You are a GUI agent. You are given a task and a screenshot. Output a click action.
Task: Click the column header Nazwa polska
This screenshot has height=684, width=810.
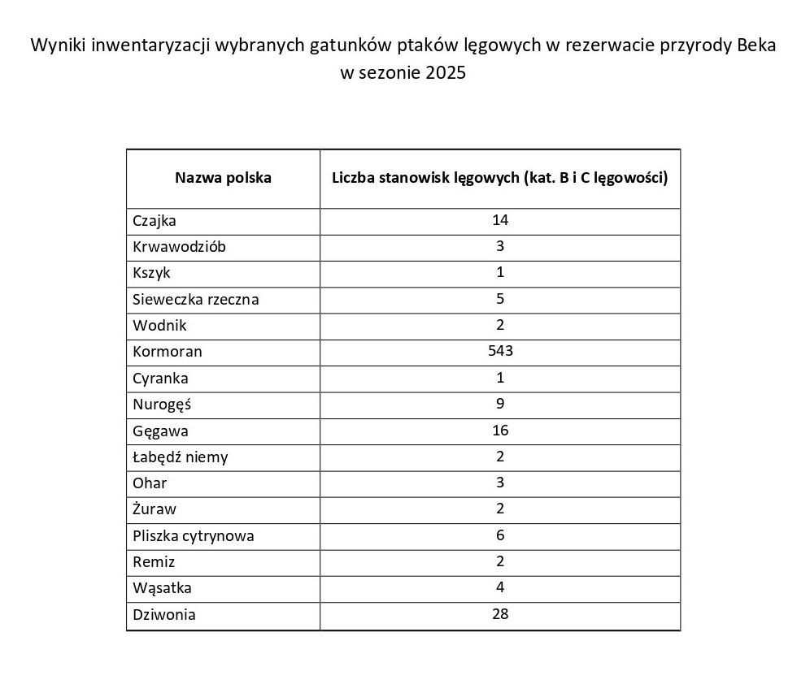pyautogui.click(x=223, y=177)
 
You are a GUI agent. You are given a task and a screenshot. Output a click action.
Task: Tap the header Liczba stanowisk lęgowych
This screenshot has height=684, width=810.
pyautogui.click(x=499, y=177)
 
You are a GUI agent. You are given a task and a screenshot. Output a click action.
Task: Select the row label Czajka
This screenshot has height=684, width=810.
pyautogui.click(x=155, y=220)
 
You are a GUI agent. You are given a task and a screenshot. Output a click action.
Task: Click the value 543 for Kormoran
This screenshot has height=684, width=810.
pyautogui.click(x=500, y=351)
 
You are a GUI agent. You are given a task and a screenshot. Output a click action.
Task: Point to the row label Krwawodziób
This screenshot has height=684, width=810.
pyautogui.click(x=180, y=246)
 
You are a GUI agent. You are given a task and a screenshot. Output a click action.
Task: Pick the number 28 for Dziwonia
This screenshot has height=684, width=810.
pyautogui.click(x=500, y=614)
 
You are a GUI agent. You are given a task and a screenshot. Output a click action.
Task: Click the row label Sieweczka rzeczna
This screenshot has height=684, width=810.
pyautogui.click(x=196, y=299)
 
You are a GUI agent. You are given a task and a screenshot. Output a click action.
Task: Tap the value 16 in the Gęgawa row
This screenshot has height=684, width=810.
pyautogui.click(x=500, y=430)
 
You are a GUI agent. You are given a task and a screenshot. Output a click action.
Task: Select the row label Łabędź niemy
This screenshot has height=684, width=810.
pyautogui.click(x=181, y=457)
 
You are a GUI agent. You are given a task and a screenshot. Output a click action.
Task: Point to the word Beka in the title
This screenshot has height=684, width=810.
pyautogui.click(x=756, y=45)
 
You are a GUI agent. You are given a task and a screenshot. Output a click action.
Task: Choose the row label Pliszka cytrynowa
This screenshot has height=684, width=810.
pyautogui.click(x=194, y=535)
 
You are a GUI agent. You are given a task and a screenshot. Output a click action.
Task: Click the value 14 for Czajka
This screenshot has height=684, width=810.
pyautogui.click(x=500, y=219)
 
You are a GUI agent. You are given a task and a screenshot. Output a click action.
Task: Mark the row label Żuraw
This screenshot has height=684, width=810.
pyautogui.click(x=155, y=509)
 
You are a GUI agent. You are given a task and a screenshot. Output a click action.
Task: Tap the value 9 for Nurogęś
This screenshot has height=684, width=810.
pyautogui.click(x=500, y=404)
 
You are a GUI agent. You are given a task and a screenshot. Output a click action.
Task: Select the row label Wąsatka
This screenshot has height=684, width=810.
pyautogui.click(x=162, y=588)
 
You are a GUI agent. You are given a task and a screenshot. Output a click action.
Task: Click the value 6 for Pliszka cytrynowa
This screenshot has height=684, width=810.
pyautogui.click(x=500, y=535)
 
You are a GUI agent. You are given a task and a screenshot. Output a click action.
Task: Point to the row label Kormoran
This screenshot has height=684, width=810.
pyautogui.click(x=168, y=352)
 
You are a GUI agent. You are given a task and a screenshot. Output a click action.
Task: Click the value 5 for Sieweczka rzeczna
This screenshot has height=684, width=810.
pyautogui.click(x=500, y=298)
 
